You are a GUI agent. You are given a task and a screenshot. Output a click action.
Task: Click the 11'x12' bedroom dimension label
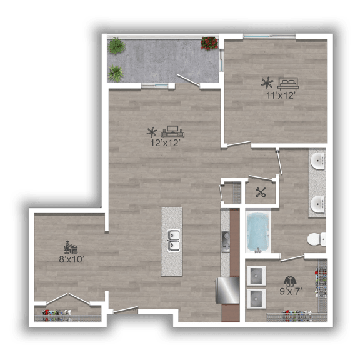click(281, 96)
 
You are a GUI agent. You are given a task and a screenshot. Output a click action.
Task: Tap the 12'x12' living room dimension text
click(164, 143)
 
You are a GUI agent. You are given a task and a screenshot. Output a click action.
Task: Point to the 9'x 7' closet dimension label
click(291, 291)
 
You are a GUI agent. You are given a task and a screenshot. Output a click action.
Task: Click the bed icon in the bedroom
click(288, 83)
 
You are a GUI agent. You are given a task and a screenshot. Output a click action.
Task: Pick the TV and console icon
click(173, 131)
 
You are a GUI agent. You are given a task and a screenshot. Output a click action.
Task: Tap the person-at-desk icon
click(71, 247)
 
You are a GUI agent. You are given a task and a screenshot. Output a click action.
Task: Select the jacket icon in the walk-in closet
click(290, 281)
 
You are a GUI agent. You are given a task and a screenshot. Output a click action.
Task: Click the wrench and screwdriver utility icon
click(261, 192)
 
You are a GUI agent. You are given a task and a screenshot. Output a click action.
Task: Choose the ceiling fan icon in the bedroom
click(267, 83)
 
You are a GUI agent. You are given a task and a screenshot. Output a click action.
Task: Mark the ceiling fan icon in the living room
click(152, 132)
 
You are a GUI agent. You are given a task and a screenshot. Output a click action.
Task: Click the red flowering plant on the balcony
click(209, 43)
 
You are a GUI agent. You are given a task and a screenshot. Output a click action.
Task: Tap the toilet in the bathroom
click(317, 239)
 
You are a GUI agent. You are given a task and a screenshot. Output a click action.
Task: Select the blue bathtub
click(258, 232)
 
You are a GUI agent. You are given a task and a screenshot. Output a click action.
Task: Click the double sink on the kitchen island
click(174, 241)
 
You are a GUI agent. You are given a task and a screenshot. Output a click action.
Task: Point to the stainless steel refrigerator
click(227, 291)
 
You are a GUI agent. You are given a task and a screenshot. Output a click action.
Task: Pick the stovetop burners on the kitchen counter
click(226, 242)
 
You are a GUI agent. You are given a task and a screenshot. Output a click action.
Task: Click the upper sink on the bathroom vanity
click(317, 161)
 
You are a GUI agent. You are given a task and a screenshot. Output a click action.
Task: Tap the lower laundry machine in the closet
click(256, 299)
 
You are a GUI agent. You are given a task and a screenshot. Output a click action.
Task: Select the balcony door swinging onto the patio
click(188, 81)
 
